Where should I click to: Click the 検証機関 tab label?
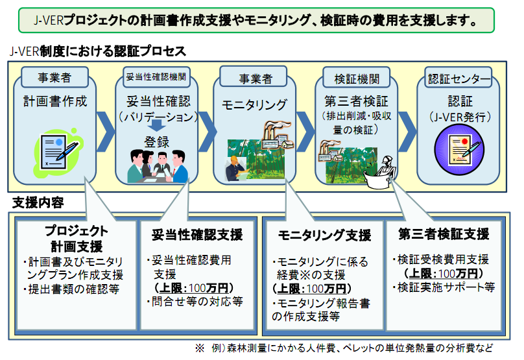pyautogui.click(x=357, y=79)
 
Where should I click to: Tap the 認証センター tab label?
pyautogui.click(x=459, y=79)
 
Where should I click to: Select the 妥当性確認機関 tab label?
pyautogui.click(x=156, y=77)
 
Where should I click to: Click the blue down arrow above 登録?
pyautogui.click(x=156, y=125)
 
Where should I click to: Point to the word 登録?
pyautogui.click(x=156, y=142)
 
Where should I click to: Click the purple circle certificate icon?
pyautogui.click(x=459, y=149)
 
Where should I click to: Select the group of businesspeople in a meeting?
pyautogui.click(x=158, y=166)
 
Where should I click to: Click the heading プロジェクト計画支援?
pyautogui.click(x=77, y=239)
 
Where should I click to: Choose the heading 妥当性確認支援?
pyautogui.click(x=197, y=235)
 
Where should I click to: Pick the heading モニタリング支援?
pyautogui.click(x=324, y=235)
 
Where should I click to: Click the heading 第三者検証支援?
pyautogui.click(x=444, y=234)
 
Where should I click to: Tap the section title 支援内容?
pyautogui.click(x=38, y=202)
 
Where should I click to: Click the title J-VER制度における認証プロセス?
pyautogui.click(x=97, y=51)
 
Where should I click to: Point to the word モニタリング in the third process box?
pyautogui.click(x=254, y=104)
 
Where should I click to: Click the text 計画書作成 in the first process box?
pyautogui.click(x=55, y=101)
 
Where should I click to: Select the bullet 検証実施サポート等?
pyautogui.click(x=444, y=287)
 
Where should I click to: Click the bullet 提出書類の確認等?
pyautogui.click(x=71, y=289)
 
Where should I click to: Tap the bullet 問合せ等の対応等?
pyautogui.click(x=195, y=302)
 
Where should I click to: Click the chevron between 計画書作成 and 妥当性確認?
pyautogui.click(x=106, y=132)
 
